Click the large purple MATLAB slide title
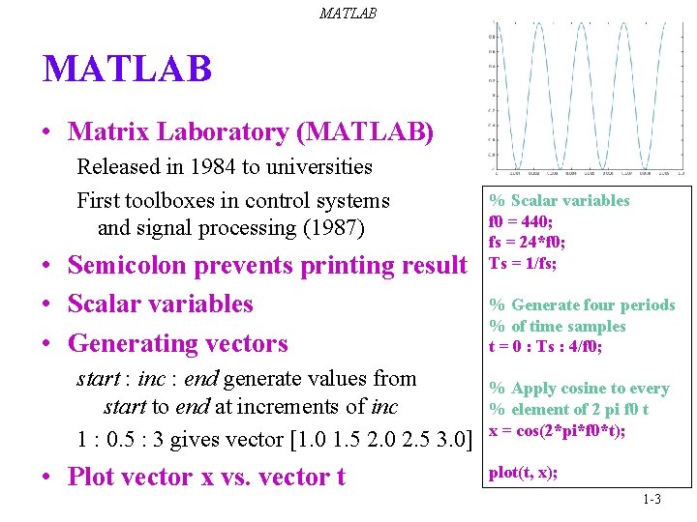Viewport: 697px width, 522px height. point(127,70)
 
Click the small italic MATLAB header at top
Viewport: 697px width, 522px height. point(348,14)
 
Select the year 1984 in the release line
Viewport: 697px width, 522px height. point(213,166)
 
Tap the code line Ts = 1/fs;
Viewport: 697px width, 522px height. point(523,262)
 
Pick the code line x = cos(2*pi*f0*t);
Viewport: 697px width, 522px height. point(557,430)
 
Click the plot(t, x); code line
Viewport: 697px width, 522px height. point(523,473)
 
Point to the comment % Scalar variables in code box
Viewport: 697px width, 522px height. point(560,201)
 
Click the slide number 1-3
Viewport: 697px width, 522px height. point(651,499)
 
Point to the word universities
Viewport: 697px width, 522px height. point(318,166)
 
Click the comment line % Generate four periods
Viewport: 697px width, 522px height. point(582,305)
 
